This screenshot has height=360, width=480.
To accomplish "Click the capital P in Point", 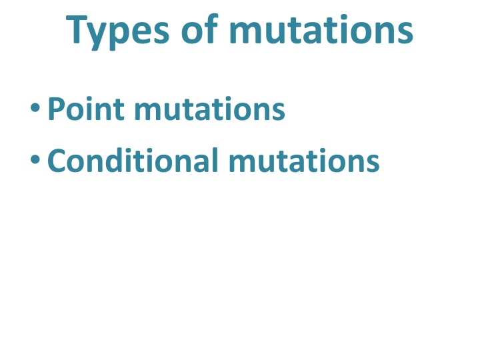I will point(56,109).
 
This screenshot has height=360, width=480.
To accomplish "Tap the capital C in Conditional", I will point(57,161).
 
